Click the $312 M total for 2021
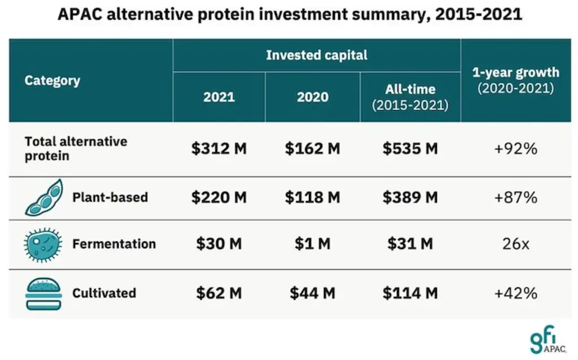pos(218,149)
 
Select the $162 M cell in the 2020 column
pos(312,149)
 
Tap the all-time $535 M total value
pos(410,149)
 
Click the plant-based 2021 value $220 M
pos(218,197)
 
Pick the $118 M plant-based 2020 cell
pos(312,197)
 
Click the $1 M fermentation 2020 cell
pos(312,244)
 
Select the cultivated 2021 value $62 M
pos(218,293)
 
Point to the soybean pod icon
pos(43,197)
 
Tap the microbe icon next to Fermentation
pos(42,244)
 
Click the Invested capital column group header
pos(316,55)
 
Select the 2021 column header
pos(218,97)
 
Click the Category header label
pos(52,80)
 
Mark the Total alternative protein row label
pos(76,148)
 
